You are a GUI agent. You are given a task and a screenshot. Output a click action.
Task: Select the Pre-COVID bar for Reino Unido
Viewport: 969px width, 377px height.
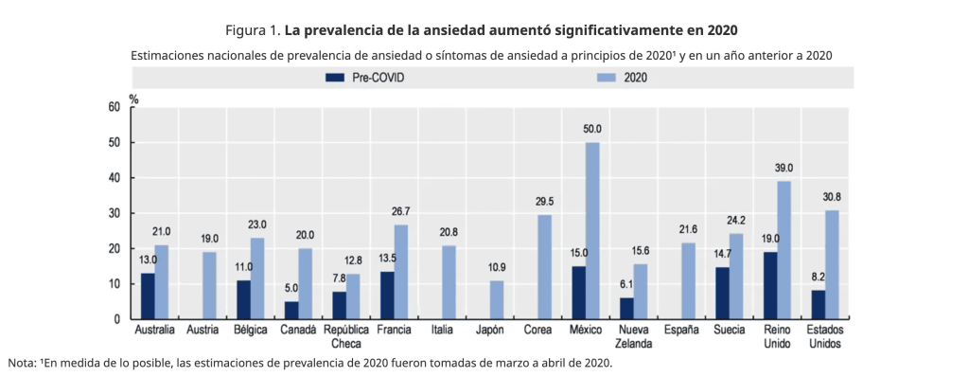click(770, 285)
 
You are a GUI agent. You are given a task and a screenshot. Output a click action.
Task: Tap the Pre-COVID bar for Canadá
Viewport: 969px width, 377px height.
click(291, 310)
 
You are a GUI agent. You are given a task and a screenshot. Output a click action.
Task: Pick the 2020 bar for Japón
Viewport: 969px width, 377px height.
click(497, 299)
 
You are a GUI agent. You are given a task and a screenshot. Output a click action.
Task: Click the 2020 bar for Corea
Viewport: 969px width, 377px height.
click(544, 266)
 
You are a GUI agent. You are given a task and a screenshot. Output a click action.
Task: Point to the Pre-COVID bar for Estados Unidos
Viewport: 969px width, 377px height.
click(818, 304)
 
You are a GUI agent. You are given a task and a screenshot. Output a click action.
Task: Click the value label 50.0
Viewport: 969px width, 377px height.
click(592, 129)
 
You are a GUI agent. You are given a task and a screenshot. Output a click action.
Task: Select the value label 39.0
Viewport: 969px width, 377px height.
click(784, 168)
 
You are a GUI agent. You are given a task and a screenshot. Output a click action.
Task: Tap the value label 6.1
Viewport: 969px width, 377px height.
click(626, 284)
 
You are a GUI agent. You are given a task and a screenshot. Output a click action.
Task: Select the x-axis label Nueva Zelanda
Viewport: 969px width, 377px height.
click(633, 336)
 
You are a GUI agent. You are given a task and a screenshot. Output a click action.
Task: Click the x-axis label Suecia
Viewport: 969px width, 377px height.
click(730, 330)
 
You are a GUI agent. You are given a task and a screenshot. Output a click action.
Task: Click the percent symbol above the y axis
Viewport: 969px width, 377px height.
click(133, 97)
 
